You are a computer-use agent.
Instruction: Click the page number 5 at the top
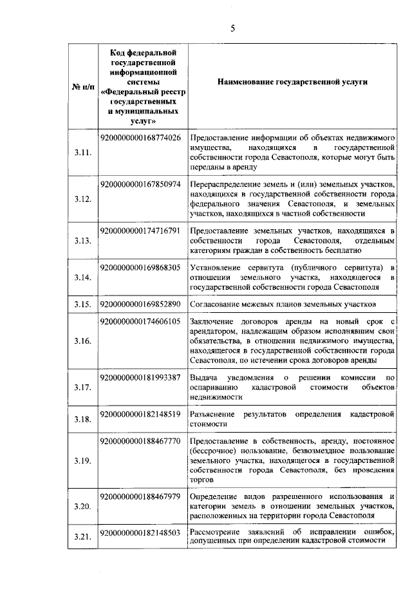[x=233, y=27]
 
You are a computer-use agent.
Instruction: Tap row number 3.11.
[x=82, y=153]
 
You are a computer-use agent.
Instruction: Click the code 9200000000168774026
[x=141, y=138]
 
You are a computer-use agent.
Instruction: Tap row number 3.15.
[x=82, y=304]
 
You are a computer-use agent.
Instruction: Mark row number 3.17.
[x=82, y=388]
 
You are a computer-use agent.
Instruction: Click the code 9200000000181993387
[x=141, y=377]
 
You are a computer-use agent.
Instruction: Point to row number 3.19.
[x=82, y=461]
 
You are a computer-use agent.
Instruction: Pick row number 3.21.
[x=82, y=536]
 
